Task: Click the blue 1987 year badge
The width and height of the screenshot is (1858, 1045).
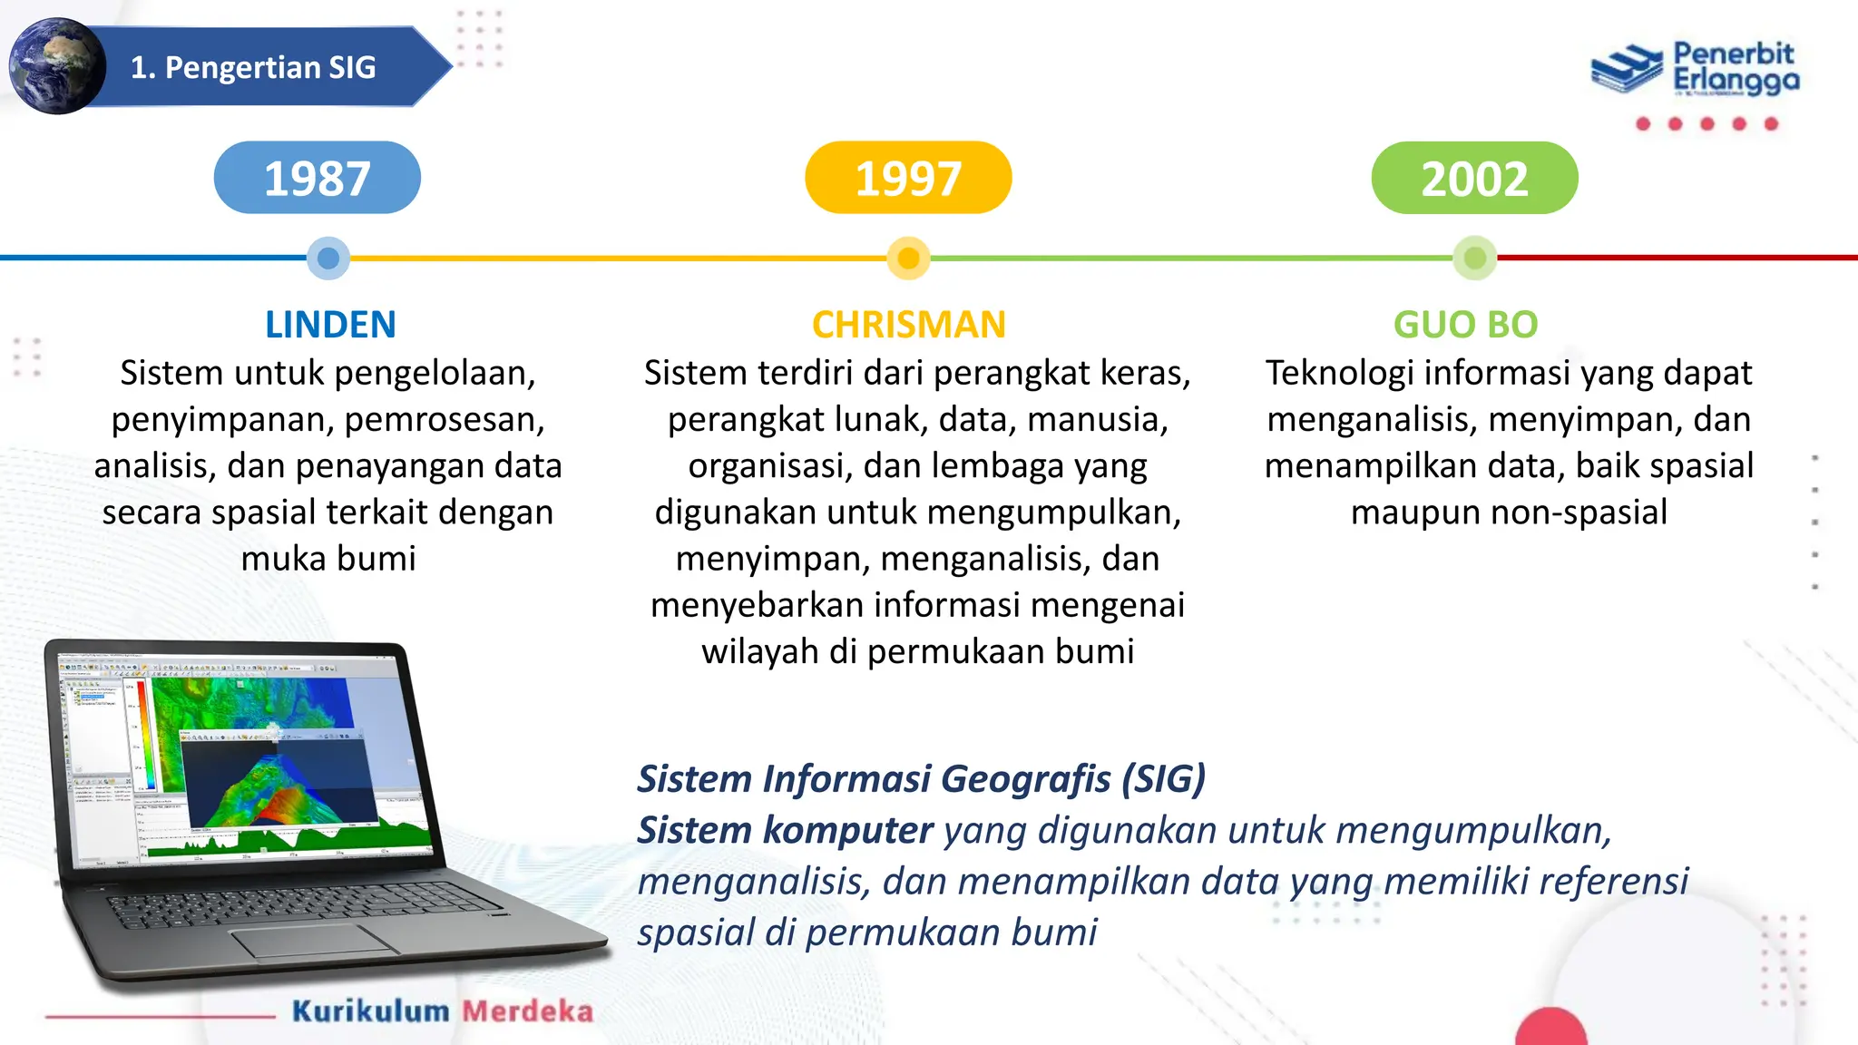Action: [x=317, y=178]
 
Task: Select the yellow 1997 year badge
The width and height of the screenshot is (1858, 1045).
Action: [x=908, y=178]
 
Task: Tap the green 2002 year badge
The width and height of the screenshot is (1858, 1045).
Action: [x=1474, y=178]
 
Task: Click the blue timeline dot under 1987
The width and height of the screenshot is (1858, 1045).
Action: [x=328, y=259]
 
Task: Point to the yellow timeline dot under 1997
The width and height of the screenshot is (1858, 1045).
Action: [x=908, y=259]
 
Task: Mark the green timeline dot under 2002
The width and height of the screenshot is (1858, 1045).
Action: [x=1474, y=259]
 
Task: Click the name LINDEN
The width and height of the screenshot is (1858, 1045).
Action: [x=330, y=325]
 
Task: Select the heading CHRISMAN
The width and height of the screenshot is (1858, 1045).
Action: [x=908, y=325]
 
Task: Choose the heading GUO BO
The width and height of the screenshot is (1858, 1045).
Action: [x=1465, y=325]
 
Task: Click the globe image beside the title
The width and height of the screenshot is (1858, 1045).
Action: [x=57, y=66]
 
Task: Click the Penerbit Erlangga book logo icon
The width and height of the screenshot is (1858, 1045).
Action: [x=1628, y=69]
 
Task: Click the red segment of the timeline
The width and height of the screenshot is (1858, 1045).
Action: [x=1678, y=258]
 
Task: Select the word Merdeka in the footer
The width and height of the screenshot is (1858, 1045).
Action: [x=527, y=1011]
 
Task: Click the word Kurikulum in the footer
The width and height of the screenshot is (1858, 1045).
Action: [x=370, y=1011]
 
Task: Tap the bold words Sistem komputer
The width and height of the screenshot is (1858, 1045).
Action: [x=785, y=830]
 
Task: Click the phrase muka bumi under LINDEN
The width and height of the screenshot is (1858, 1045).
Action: [x=328, y=558]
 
